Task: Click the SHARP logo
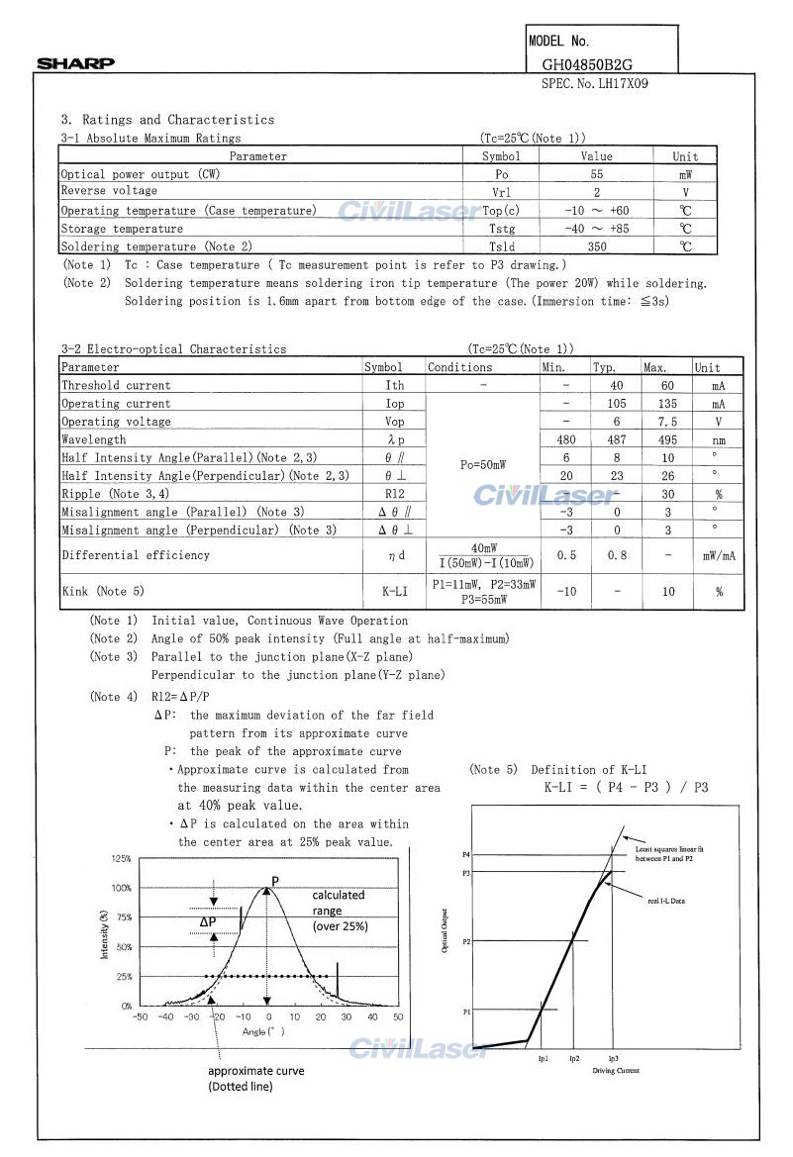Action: [76, 64]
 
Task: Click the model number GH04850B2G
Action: [595, 64]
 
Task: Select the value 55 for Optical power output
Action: [596, 174]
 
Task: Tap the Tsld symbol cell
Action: [501, 246]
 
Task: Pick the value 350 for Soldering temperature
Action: [596, 246]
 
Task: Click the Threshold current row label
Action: [116, 386]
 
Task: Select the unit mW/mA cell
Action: [719, 556]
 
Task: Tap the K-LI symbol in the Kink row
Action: [395, 592]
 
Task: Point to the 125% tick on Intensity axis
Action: [121, 859]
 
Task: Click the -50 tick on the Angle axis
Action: [140, 1016]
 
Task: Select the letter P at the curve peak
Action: [275, 880]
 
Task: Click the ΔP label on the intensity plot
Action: [208, 921]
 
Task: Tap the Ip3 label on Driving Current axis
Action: [613, 1059]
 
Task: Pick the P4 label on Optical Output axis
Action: [466, 853]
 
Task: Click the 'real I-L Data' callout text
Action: [666, 901]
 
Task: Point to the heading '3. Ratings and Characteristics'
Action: [168, 120]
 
